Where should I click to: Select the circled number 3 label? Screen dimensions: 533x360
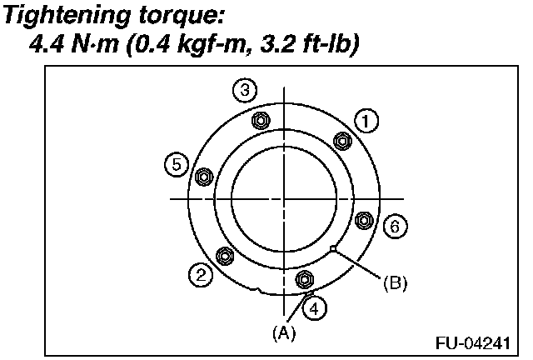pos(243,91)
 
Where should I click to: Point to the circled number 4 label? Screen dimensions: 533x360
pos(313,307)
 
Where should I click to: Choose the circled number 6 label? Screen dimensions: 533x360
pos(395,226)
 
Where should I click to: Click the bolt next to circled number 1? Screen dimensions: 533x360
pos(341,139)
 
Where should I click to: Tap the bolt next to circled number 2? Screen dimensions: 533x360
pos(223,255)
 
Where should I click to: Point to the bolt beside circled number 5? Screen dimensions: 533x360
pos(202,176)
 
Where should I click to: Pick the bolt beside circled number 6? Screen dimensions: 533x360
pos(363,220)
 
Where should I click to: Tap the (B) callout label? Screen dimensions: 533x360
pos(395,283)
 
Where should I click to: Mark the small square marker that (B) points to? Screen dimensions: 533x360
pos(333,247)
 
